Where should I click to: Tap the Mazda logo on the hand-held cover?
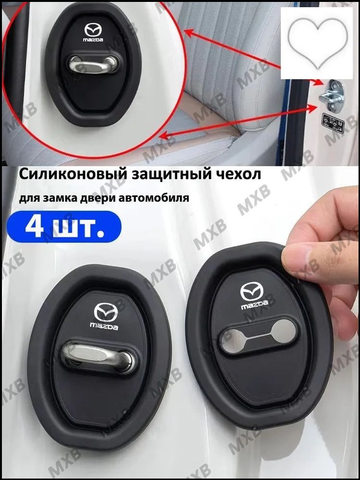click(x=252, y=291)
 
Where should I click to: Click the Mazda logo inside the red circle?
click(x=94, y=30)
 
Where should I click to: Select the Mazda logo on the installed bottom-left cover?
click(x=106, y=312)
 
